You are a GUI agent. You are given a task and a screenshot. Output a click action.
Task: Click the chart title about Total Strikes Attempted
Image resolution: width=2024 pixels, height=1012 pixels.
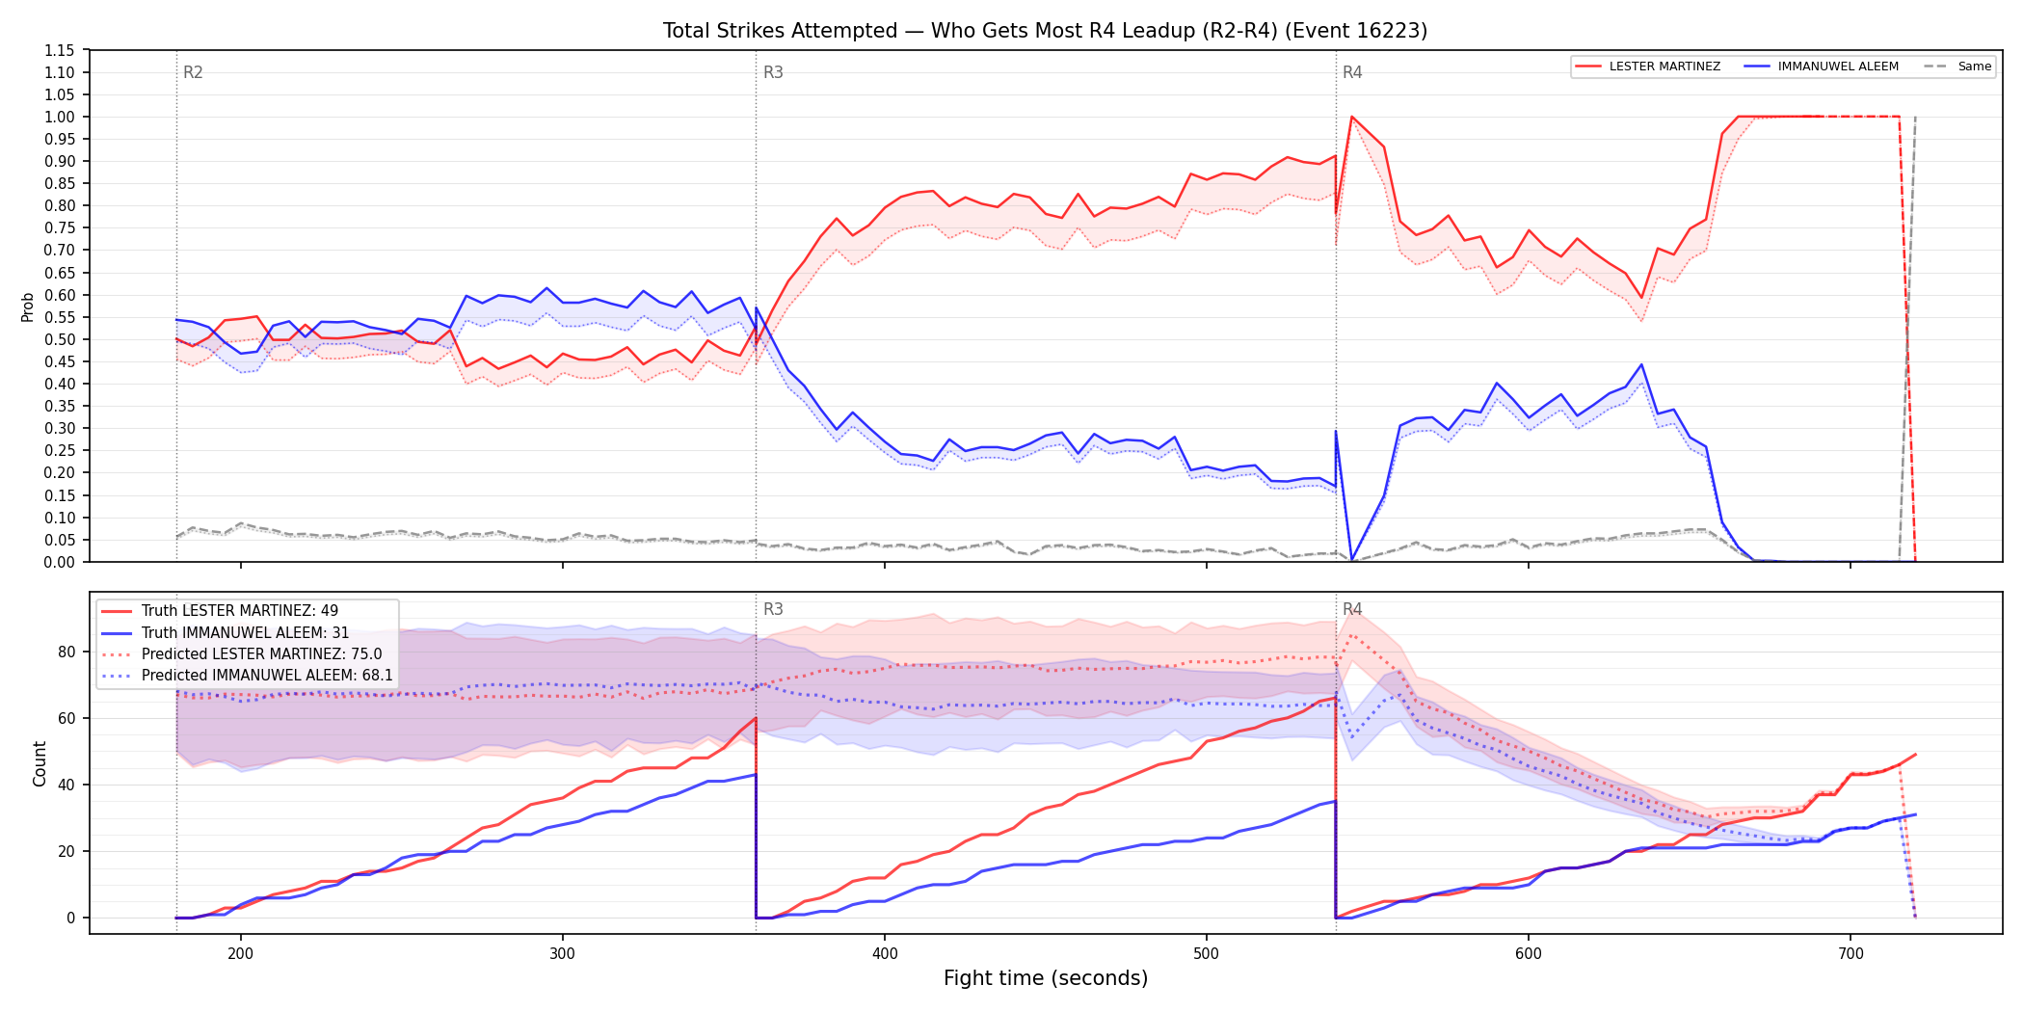pos(1045,31)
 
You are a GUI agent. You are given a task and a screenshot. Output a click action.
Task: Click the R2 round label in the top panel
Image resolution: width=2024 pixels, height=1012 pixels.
pos(193,72)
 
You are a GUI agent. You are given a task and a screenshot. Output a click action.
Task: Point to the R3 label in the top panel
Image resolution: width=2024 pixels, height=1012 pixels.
pos(773,72)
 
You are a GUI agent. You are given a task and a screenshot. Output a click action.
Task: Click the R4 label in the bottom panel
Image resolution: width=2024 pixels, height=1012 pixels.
pos(1352,609)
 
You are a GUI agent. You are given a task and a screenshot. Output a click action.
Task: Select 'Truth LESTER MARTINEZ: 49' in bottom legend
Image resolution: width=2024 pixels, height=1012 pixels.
pos(240,611)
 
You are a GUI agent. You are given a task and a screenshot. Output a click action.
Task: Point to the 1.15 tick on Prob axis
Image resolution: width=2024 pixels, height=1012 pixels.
pos(60,50)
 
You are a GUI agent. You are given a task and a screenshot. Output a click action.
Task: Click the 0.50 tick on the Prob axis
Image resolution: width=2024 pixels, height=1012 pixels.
pos(60,339)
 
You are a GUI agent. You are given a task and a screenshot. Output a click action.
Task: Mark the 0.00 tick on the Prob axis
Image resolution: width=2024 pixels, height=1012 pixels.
pos(60,562)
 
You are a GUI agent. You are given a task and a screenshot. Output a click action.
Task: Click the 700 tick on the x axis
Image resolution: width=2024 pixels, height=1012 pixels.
pos(1851,954)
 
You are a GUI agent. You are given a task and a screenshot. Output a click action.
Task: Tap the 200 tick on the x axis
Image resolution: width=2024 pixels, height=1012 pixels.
pos(240,954)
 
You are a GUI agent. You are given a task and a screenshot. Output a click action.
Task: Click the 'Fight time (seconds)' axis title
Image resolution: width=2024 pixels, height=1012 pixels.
pos(1046,978)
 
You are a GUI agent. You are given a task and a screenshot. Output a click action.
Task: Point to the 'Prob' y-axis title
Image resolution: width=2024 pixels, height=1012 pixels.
pos(28,306)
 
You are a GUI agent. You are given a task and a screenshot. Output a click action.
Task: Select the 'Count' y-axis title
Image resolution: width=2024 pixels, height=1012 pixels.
pos(40,763)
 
